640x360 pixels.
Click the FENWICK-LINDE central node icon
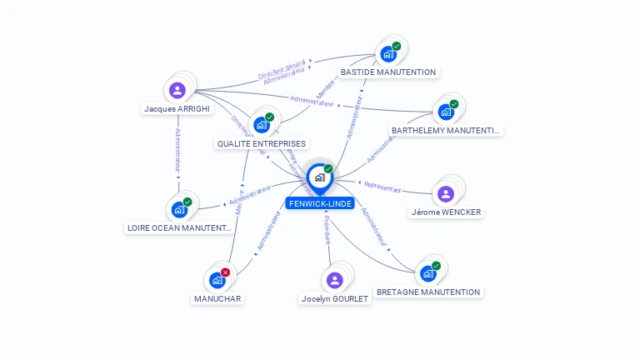319,177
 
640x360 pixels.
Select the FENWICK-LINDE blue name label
320,203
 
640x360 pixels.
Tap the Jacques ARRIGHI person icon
177,90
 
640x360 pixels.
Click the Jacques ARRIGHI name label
177,109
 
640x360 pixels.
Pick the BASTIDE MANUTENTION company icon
387,54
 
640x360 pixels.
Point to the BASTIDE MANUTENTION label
388,72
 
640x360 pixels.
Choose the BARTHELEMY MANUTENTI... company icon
446,112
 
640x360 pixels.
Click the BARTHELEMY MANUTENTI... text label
446,131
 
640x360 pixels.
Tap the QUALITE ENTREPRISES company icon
262,125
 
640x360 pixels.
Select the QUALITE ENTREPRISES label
262,144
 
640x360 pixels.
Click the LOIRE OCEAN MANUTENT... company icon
179,209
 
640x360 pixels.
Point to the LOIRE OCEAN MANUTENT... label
178,227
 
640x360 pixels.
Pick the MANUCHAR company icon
217,280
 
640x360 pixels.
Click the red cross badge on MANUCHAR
225,272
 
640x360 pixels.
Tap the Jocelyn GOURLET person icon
334,280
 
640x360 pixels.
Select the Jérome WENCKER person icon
446,194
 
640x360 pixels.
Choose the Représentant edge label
382,188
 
